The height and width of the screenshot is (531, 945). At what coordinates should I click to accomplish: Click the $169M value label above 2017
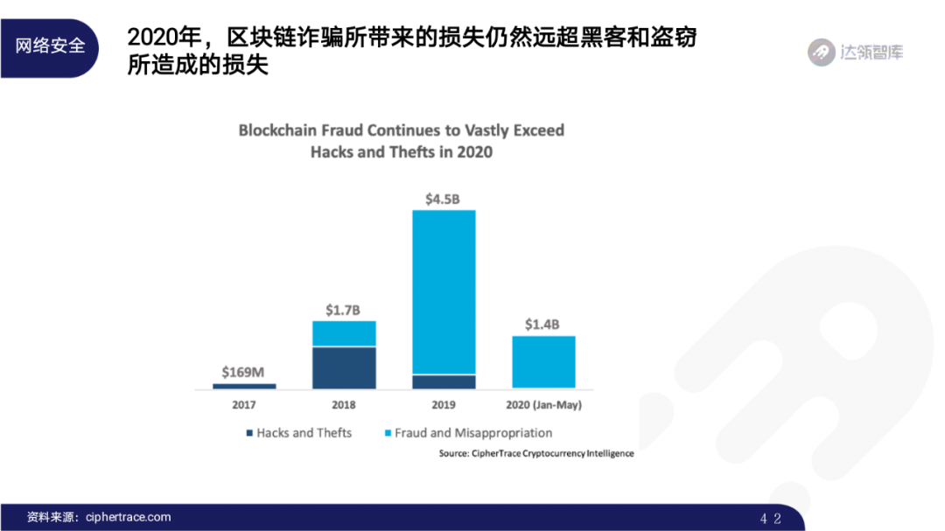pos(243,372)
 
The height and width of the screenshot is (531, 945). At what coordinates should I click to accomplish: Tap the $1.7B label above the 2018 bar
pos(343,310)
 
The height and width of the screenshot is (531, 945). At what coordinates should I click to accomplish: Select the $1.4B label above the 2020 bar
pos(543,325)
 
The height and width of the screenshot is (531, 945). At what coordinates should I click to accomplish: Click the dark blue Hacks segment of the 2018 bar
pos(344,367)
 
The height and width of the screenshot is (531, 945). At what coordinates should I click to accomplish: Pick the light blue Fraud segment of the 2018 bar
pos(344,333)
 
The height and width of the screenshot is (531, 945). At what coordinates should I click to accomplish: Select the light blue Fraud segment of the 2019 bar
pos(444,292)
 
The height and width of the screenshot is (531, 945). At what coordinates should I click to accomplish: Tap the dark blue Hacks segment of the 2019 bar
pos(444,381)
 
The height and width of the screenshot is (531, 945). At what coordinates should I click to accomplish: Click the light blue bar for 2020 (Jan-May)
pos(543,361)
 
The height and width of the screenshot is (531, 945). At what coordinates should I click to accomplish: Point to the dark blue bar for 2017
pos(244,386)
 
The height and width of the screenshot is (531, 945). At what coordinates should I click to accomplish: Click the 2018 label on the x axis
pos(344,405)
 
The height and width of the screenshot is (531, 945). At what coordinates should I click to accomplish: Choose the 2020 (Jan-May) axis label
pos(543,405)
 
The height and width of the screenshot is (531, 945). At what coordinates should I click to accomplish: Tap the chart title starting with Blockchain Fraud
pos(402,141)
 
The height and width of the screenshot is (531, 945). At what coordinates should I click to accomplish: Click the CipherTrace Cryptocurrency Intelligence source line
pos(536,454)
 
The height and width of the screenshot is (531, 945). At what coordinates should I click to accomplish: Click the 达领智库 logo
pos(855,52)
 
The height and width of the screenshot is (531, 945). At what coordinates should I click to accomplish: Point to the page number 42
pos(770,518)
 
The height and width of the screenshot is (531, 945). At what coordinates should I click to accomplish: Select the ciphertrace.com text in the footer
pos(129,517)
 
